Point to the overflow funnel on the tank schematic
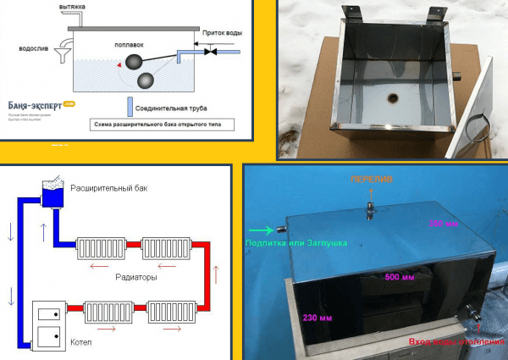click(x=60, y=58)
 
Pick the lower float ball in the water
click(x=146, y=80)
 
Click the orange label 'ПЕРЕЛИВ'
click(x=371, y=180)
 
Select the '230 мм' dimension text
click(x=315, y=318)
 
